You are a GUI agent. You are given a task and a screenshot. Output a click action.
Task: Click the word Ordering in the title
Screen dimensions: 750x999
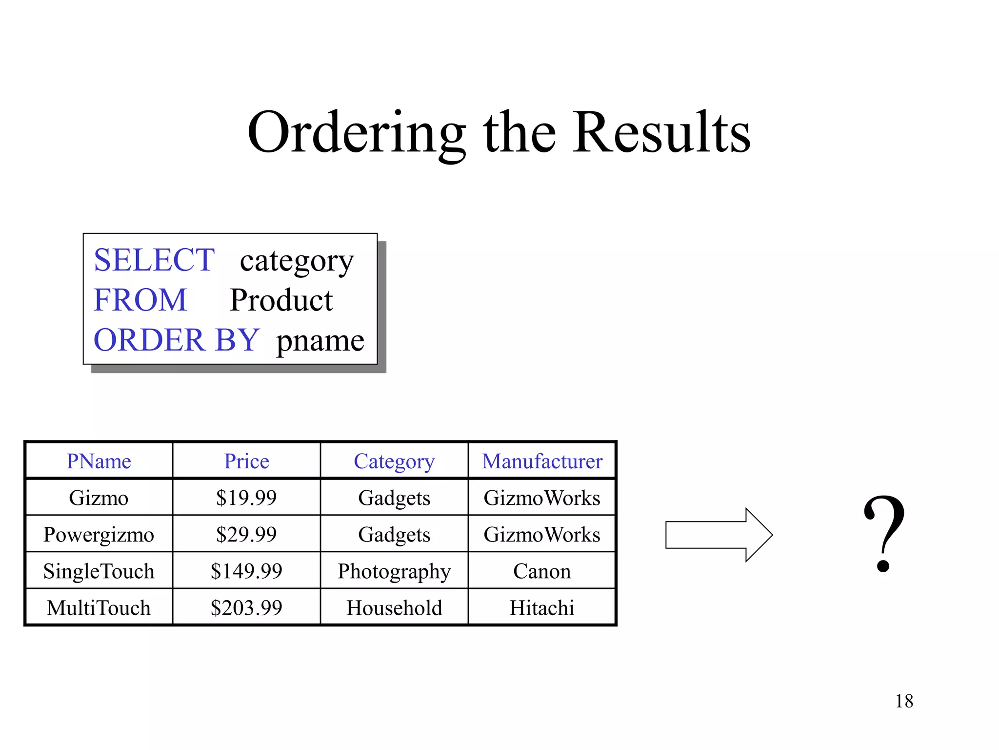click(356, 133)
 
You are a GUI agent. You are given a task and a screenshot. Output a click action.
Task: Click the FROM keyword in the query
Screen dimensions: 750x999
click(140, 300)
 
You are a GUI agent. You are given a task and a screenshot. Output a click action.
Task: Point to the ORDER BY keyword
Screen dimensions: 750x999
click(177, 340)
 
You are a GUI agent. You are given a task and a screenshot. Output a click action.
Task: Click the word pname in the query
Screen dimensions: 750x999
click(320, 341)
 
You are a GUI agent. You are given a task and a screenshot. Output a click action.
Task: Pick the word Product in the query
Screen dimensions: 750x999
click(281, 300)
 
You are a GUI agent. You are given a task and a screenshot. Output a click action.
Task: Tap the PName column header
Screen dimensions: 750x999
click(99, 461)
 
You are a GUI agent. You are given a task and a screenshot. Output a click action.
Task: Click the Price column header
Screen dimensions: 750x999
click(246, 461)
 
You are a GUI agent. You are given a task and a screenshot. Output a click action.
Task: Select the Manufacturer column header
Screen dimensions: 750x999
click(542, 461)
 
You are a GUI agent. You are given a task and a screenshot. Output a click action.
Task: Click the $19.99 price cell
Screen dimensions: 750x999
click(246, 498)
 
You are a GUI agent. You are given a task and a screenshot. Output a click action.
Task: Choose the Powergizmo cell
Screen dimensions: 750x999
click(99, 535)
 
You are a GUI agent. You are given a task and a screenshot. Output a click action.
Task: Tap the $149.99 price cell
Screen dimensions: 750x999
click(246, 571)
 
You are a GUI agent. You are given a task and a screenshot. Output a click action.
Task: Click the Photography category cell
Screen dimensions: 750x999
click(394, 571)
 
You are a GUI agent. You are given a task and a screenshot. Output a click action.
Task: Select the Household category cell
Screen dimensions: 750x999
click(394, 608)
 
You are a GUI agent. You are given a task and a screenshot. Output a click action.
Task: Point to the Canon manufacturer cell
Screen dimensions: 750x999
click(542, 571)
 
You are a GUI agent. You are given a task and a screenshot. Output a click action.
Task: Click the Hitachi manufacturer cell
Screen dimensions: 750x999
click(542, 608)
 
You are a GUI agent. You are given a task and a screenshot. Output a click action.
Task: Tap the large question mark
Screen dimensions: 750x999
click(884, 533)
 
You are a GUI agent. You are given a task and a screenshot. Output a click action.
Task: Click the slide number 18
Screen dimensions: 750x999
click(904, 701)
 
